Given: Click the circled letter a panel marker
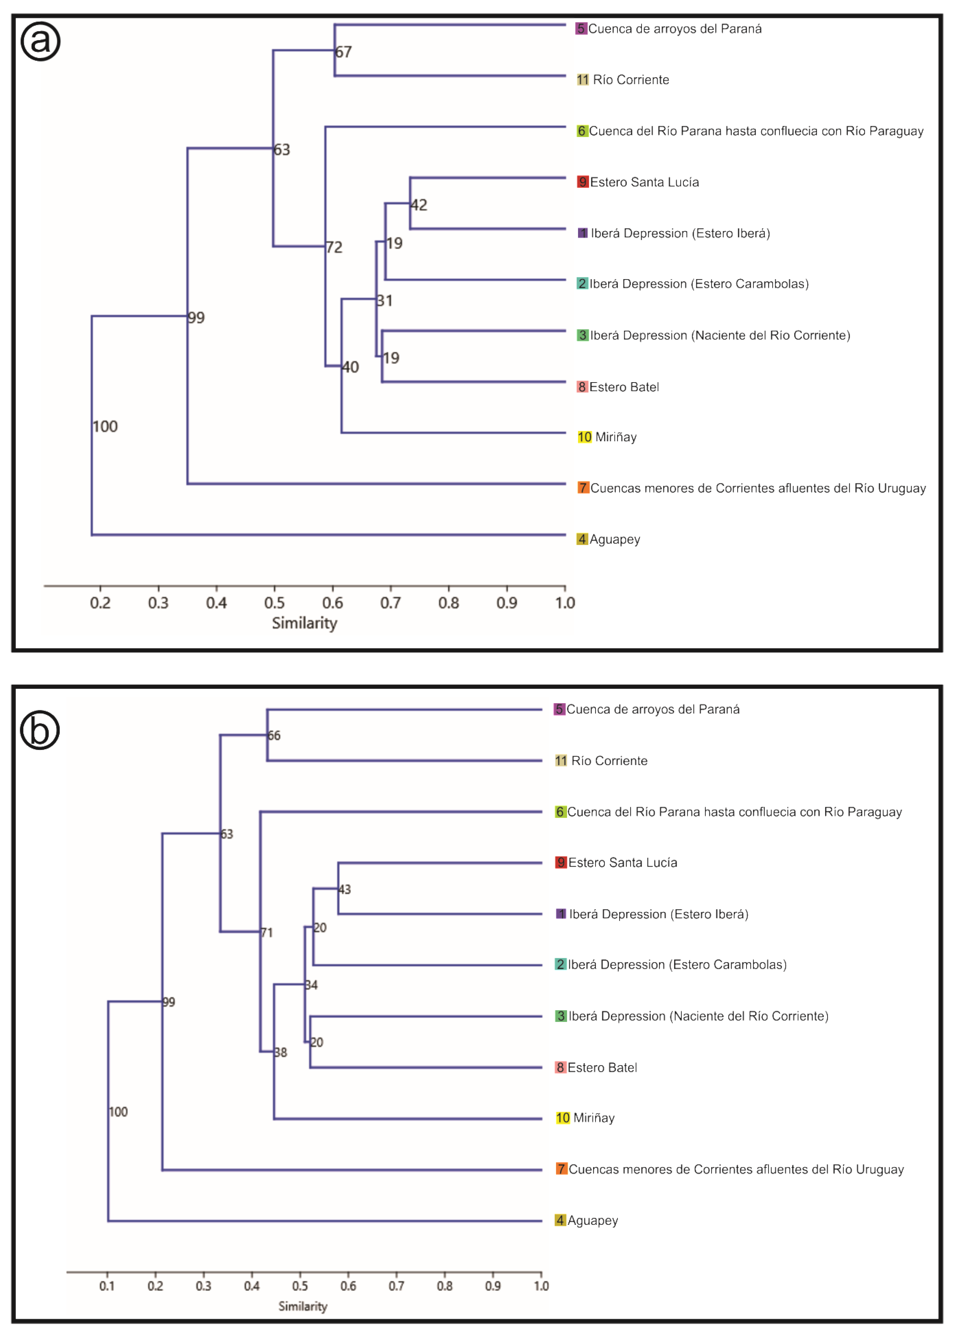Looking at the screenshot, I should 40,41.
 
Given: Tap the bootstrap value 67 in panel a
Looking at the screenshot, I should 344,52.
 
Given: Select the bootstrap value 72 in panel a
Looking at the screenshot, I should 334,247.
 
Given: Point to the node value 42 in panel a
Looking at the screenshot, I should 419,205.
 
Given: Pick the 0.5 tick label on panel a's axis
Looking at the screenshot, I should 274,603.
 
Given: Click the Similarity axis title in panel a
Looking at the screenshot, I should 304,623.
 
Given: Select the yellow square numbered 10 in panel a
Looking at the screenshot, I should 585,437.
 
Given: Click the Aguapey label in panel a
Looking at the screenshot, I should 615,539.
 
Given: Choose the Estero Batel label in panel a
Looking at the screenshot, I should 624,387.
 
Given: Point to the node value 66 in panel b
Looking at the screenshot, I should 274,736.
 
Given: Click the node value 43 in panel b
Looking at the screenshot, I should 345,890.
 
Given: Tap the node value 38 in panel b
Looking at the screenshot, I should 281,1053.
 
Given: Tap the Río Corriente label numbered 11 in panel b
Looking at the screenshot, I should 609,761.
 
